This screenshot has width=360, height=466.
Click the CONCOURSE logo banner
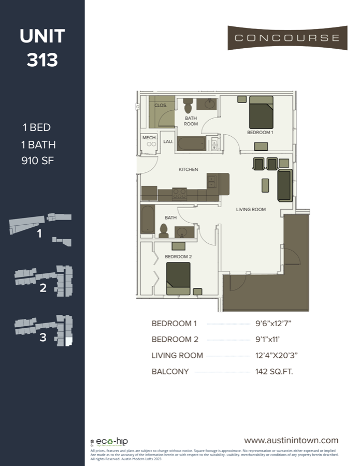click(x=287, y=38)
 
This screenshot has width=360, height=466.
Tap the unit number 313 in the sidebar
click(x=42, y=60)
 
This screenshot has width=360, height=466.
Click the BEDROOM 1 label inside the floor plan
click(x=260, y=133)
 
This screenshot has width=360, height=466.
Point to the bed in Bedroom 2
click(x=178, y=278)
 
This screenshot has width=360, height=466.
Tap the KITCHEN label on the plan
click(x=188, y=169)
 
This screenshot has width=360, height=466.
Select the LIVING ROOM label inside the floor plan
click(x=251, y=210)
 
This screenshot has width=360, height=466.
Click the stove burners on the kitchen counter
click(x=179, y=194)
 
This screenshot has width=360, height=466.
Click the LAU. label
click(x=168, y=141)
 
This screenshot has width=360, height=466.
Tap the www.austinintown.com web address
click(x=291, y=440)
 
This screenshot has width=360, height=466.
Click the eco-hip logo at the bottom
click(x=108, y=442)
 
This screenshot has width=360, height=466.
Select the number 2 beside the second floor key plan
click(x=43, y=288)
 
